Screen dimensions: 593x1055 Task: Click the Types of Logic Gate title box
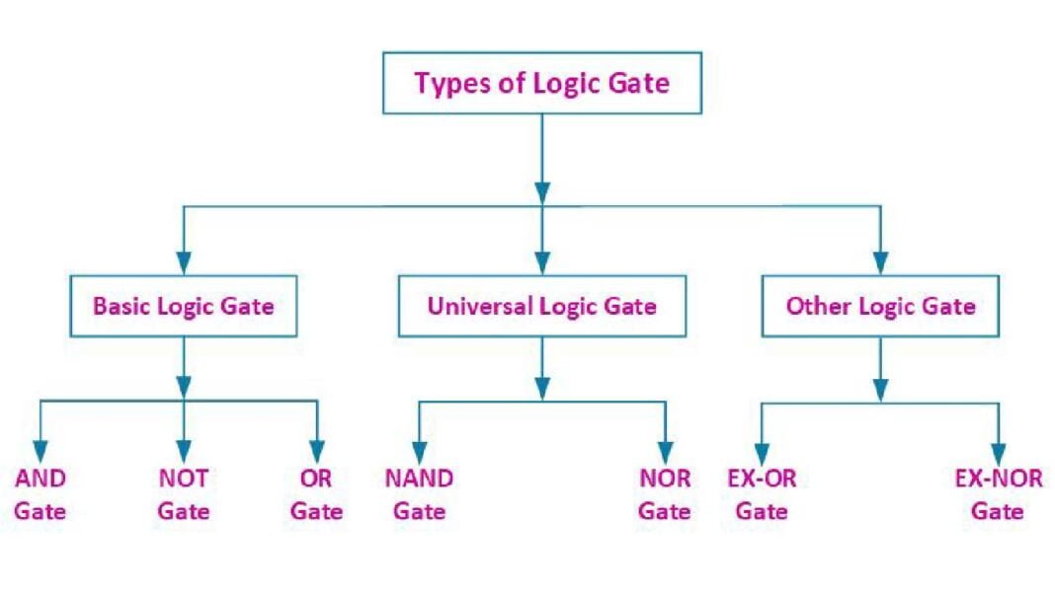pyautogui.click(x=541, y=84)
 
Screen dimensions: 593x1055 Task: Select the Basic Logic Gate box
pyautogui.click(x=183, y=306)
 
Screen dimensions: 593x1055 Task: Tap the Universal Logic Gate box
pyautogui.click(x=541, y=306)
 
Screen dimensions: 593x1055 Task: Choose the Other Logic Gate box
pyautogui.click(x=880, y=306)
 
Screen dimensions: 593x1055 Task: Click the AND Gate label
pyautogui.click(x=41, y=494)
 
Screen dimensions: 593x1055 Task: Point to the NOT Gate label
pyautogui.click(x=184, y=494)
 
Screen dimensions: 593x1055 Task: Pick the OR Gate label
pyautogui.click(x=317, y=494)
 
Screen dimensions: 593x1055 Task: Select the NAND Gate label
pyautogui.click(x=419, y=494)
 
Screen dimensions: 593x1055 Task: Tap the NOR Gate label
pyautogui.click(x=664, y=494)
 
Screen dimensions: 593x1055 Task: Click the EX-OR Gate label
pyautogui.click(x=762, y=494)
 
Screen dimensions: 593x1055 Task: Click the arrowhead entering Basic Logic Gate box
pyautogui.click(x=183, y=263)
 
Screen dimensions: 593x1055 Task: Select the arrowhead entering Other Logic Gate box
pyautogui.click(x=880, y=263)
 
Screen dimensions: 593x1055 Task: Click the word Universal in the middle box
pyautogui.click(x=478, y=306)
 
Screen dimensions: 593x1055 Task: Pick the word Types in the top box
pyautogui.click(x=446, y=84)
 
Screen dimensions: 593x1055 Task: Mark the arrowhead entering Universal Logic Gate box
pyautogui.click(x=541, y=263)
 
